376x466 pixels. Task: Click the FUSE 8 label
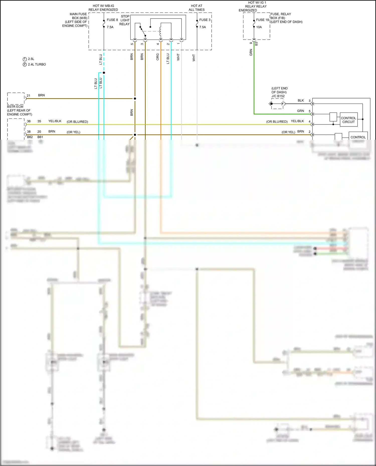112,20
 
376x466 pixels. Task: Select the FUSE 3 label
205,20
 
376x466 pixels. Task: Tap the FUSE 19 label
262,20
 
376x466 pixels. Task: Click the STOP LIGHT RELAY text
125,20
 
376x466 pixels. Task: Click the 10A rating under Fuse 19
259,27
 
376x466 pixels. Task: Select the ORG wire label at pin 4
158,57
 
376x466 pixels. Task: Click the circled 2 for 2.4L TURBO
25,64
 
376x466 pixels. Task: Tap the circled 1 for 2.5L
25,59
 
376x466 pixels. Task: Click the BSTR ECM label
15,107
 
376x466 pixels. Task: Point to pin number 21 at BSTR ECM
29,96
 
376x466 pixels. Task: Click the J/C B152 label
278,96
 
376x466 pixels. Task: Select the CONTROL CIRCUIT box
348,120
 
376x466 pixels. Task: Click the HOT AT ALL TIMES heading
197,8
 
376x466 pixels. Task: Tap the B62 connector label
30,137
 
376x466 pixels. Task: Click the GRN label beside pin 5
300,111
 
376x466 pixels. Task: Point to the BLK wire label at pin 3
301,100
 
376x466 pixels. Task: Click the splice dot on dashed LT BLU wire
104,73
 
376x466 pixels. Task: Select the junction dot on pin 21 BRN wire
135,99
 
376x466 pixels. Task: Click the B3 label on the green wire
256,44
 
